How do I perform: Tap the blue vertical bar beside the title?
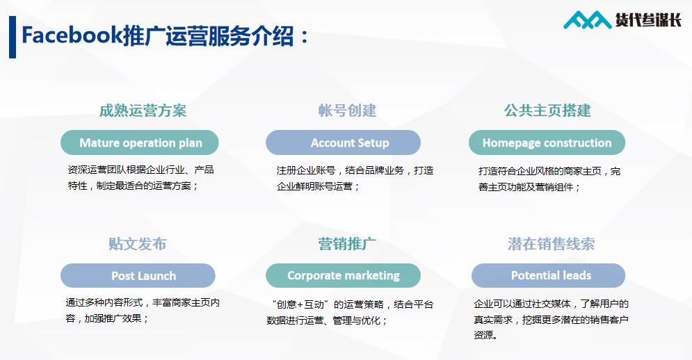13,37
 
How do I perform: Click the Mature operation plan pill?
140,143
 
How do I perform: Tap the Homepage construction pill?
547,143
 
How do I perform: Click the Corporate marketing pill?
343,276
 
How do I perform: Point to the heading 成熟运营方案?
143,111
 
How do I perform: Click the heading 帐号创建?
347,111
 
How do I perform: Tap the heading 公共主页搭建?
547,111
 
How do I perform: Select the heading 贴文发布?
137,244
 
